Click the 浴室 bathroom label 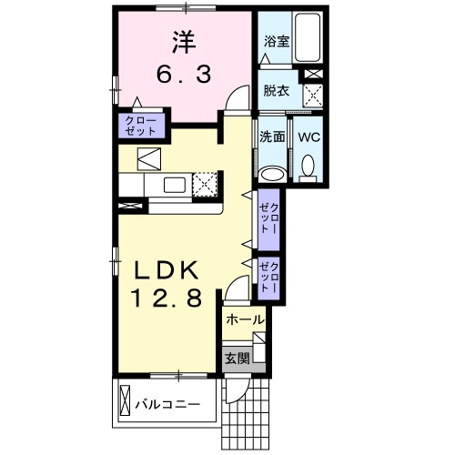pyautogui.click(x=276, y=42)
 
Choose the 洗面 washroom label pyautogui.click(x=272, y=137)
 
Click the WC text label pyautogui.click(x=307, y=137)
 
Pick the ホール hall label pyautogui.click(x=244, y=320)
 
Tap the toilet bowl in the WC pyautogui.click(x=308, y=167)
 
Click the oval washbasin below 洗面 pyautogui.click(x=272, y=174)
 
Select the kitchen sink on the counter pyautogui.click(x=173, y=185)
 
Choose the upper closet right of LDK pyautogui.click(x=268, y=219)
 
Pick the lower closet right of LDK pyautogui.click(x=268, y=275)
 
